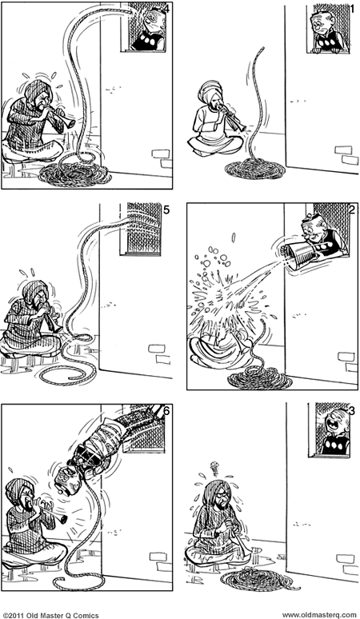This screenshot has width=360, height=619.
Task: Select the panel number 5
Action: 166,210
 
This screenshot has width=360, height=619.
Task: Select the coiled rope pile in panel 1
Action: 254,169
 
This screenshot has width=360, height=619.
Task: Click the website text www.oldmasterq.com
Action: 317,613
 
